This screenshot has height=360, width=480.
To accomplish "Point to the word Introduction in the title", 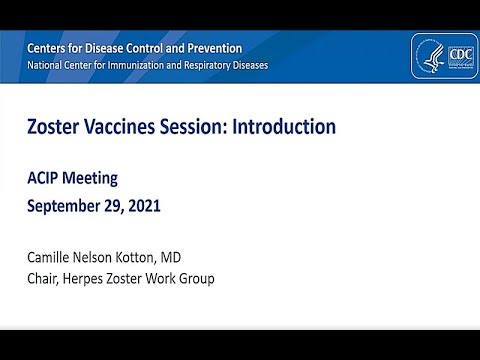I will click(x=281, y=128).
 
